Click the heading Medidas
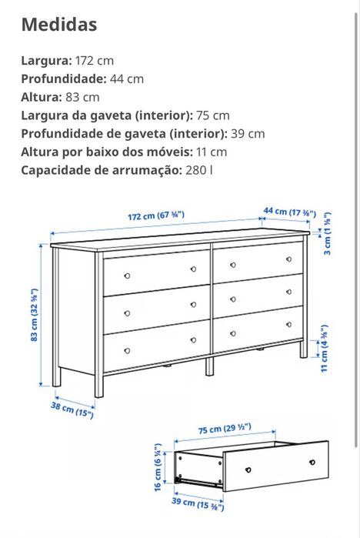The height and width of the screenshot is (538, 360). tap(59, 25)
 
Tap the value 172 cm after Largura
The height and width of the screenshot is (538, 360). tap(94, 60)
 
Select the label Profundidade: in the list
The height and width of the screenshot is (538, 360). tap(63, 79)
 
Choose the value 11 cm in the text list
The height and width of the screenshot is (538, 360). tap(212, 152)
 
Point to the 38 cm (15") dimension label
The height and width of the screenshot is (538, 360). tap(72, 410)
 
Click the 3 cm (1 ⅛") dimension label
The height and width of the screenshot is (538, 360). tap(328, 235)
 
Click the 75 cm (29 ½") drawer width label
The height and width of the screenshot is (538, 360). tap(228, 428)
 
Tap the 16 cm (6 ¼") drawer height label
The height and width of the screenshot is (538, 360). tap(158, 467)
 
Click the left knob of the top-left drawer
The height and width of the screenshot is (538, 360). tap(127, 276)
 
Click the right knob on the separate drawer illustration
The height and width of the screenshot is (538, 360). tap(312, 462)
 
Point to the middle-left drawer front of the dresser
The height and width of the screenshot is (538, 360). tap(157, 309)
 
